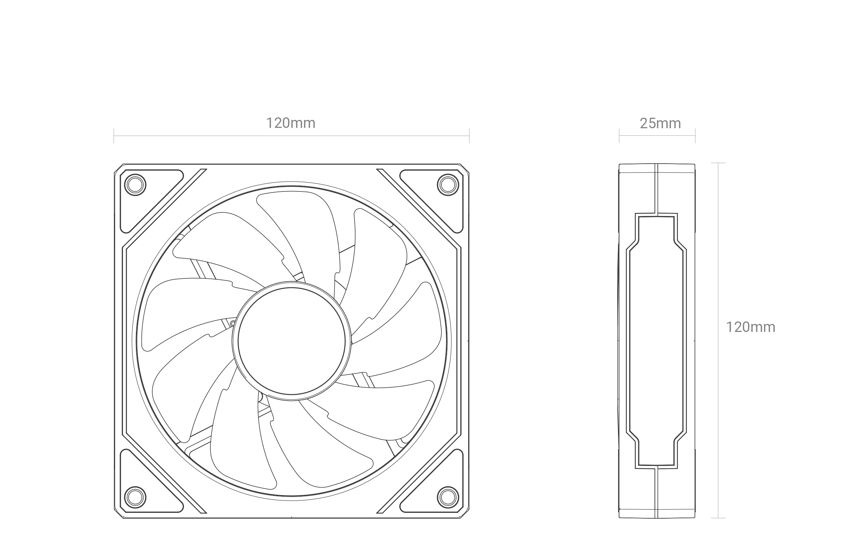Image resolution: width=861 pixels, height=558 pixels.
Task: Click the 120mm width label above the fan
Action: pyautogui.click(x=290, y=123)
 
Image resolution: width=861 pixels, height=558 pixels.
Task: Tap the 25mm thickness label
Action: pyautogui.click(x=660, y=124)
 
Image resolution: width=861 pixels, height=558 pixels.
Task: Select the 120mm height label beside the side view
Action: pyautogui.click(x=751, y=327)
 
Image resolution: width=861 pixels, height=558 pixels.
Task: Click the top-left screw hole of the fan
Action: pyautogui.click(x=135, y=185)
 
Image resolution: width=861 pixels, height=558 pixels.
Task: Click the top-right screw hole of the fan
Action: pyautogui.click(x=448, y=185)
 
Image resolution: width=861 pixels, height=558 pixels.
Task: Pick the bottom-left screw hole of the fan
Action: pyautogui.click(x=135, y=497)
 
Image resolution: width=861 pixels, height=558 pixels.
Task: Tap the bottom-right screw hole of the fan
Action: pyautogui.click(x=448, y=497)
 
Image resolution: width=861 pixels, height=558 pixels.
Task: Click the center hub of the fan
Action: pyautogui.click(x=291, y=341)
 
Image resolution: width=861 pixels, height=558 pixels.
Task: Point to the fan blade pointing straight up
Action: pyautogui.click(x=300, y=231)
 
